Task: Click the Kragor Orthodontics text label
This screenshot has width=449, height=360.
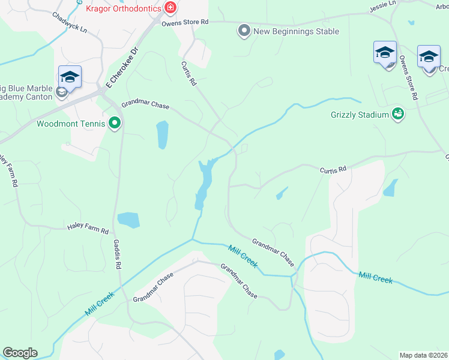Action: click(123, 9)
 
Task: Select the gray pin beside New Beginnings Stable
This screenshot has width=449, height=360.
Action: click(244, 31)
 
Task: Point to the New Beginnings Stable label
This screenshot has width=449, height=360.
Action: click(296, 31)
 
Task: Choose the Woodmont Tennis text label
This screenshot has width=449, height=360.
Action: click(71, 125)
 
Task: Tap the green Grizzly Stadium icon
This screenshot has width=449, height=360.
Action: click(397, 113)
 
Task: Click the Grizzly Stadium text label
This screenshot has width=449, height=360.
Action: click(360, 114)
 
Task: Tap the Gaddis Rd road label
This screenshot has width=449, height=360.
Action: click(118, 255)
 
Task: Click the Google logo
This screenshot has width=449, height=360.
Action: click(20, 353)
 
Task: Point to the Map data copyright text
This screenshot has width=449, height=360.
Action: click(424, 355)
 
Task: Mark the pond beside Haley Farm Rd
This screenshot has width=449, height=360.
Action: click(128, 220)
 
